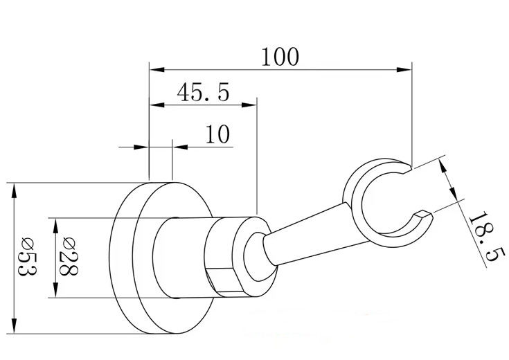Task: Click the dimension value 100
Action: (x=280, y=57)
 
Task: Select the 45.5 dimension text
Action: (x=203, y=92)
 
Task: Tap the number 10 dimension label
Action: (x=218, y=134)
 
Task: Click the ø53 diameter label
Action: (x=27, y=256)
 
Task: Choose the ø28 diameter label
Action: (x=68, y=256)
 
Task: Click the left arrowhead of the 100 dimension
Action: (x=157, y=69)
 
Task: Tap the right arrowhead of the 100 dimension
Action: (x=404, y=69)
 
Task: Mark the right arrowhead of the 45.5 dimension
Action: (x=249, y=105)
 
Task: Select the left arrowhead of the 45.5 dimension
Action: (x=157, y=105)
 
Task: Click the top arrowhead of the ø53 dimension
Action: (x=14, y=190)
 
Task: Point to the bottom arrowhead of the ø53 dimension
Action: (x=14, y=326)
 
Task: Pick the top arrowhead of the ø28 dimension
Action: (x=55, y=226)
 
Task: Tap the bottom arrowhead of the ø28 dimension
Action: (x=55, y=290)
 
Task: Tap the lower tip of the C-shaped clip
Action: (x=425, y=215)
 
